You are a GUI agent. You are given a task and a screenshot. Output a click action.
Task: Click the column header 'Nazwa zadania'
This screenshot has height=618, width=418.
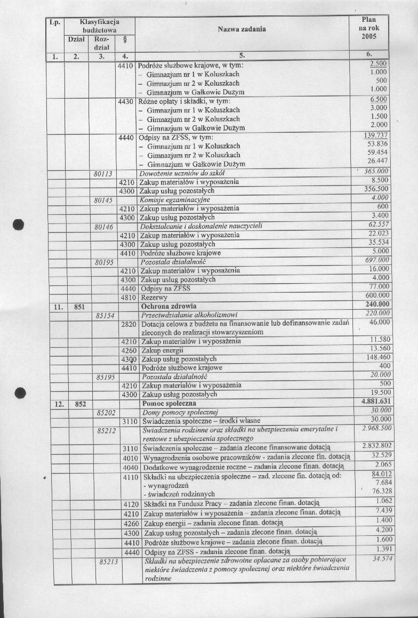tap(242, 29)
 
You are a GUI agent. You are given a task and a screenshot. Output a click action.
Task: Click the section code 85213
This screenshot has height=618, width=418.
tap(108, 561)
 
